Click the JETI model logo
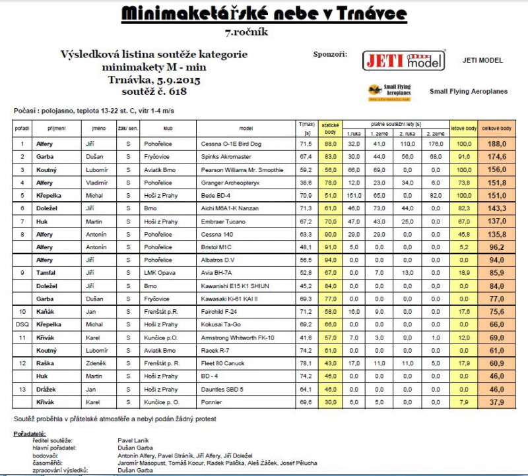pos(405,60)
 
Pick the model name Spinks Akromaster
pos(223,156)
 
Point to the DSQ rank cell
pos(22,325)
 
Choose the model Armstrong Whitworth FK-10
pos(237,338)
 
